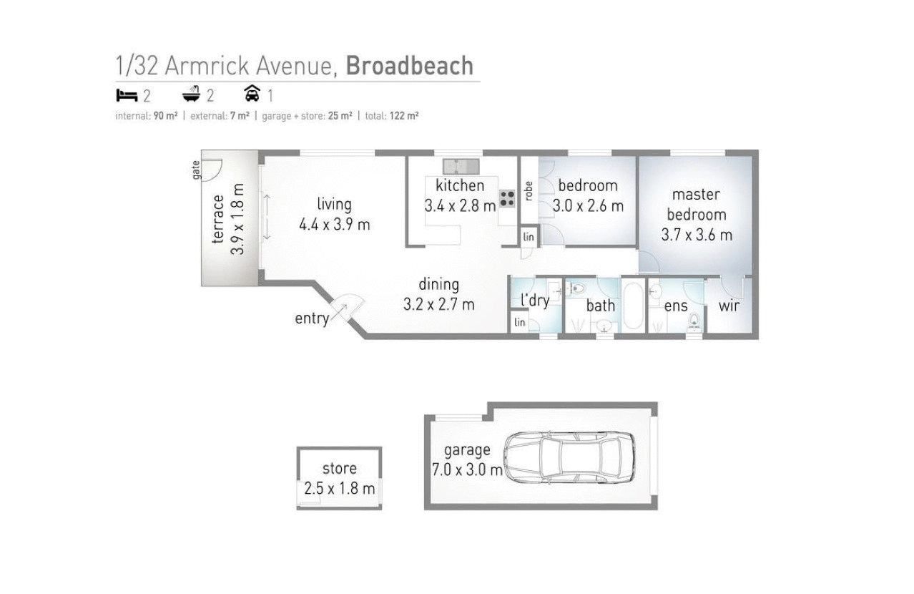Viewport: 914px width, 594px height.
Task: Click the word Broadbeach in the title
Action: [409, 66]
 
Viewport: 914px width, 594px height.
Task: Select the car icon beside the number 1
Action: [252, 94]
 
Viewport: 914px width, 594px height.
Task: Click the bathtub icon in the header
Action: [191, 94]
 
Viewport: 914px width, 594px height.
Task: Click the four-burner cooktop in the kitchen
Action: [507, 198]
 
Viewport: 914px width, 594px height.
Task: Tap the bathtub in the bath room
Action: [633, 306]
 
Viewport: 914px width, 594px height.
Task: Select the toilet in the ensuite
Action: [693, 323]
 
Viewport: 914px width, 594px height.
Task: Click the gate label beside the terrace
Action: [195, 170]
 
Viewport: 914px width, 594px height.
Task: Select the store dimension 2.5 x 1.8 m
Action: [339, 489]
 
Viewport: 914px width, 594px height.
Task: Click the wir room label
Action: [729, 306]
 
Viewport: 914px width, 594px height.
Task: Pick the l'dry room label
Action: [534, 301]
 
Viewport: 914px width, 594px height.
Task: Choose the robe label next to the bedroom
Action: [529, 190]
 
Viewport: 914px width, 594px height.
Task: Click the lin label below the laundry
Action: [519, 323]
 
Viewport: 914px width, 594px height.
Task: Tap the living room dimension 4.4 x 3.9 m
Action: [334, 225]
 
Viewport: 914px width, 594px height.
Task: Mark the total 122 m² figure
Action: [404, 116]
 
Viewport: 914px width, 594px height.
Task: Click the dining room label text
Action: [438, 284]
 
